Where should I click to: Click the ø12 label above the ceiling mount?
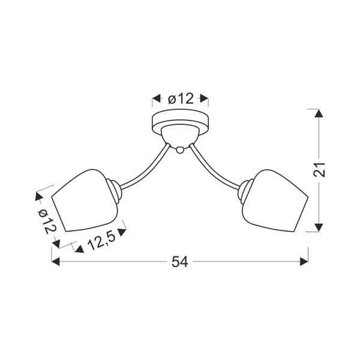tap(181, 99)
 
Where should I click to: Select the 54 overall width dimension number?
tap(180, 262)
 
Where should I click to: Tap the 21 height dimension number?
tap(319, 169)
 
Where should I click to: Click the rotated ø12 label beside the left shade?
tap(47, 222)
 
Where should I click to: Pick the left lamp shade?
tap(85, 200)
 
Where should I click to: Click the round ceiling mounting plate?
tap(181, 122)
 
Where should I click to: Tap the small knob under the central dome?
tap(180, 149)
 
